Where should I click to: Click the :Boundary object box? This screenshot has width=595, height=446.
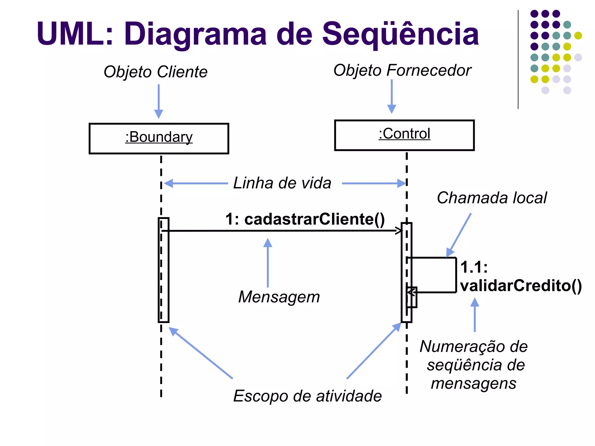click(159, 139)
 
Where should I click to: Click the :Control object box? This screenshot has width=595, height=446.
click(404, 135)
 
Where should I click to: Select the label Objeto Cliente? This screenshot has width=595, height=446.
click(155, 72)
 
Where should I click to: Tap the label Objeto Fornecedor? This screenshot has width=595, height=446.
click(402, 70)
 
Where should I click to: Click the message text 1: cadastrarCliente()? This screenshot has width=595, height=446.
click(305, 219)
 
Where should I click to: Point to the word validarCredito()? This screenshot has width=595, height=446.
click(521, 286)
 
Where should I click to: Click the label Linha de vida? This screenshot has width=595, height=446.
click(282, 183)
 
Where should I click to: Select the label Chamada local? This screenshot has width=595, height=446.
click(492, 198)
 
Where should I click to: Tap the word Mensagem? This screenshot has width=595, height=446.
click(279, 297)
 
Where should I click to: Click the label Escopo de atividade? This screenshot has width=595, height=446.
click(307, 396)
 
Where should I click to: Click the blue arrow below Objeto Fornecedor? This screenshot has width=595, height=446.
click(392, 96)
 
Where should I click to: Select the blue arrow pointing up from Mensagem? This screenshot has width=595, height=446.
click(268, 262)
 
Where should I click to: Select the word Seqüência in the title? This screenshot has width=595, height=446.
click(400, 34)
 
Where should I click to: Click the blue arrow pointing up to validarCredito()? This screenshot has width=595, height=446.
click(475, 315)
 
